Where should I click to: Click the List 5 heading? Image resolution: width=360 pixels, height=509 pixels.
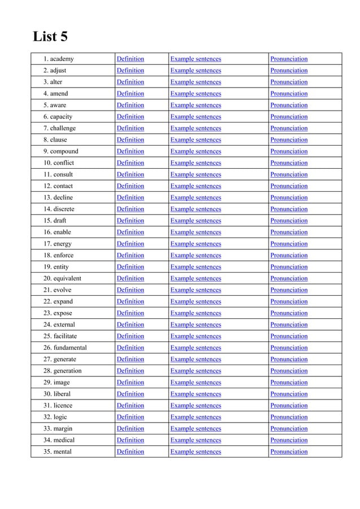tap(51, 37)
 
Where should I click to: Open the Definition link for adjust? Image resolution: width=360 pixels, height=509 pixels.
tap(130, 71)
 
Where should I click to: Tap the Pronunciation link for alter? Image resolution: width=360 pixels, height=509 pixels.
tap(289, 82)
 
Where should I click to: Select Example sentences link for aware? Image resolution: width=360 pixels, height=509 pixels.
tap(195, 105)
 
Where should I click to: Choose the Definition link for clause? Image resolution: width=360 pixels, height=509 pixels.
tap(130, 140)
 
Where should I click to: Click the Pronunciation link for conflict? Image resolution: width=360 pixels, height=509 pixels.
tap(289, 163)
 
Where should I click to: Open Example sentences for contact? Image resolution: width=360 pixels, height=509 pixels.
tap(195, 186)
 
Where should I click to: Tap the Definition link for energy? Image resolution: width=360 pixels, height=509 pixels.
tap(130, 244)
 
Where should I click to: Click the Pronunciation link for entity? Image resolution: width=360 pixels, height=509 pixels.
tap(289, 267)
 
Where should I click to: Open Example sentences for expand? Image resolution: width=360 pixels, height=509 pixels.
tap(195, 301)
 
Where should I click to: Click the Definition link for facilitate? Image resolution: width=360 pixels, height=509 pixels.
tap(130, 336)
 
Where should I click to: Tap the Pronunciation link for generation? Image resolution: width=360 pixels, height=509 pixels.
tap(289, 371)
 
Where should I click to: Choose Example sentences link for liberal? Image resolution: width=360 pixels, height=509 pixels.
tap(195, 394)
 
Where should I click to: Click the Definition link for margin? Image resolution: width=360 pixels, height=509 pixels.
tap(130, 428)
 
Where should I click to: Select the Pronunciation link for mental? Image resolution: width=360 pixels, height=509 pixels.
tap(289, 451)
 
